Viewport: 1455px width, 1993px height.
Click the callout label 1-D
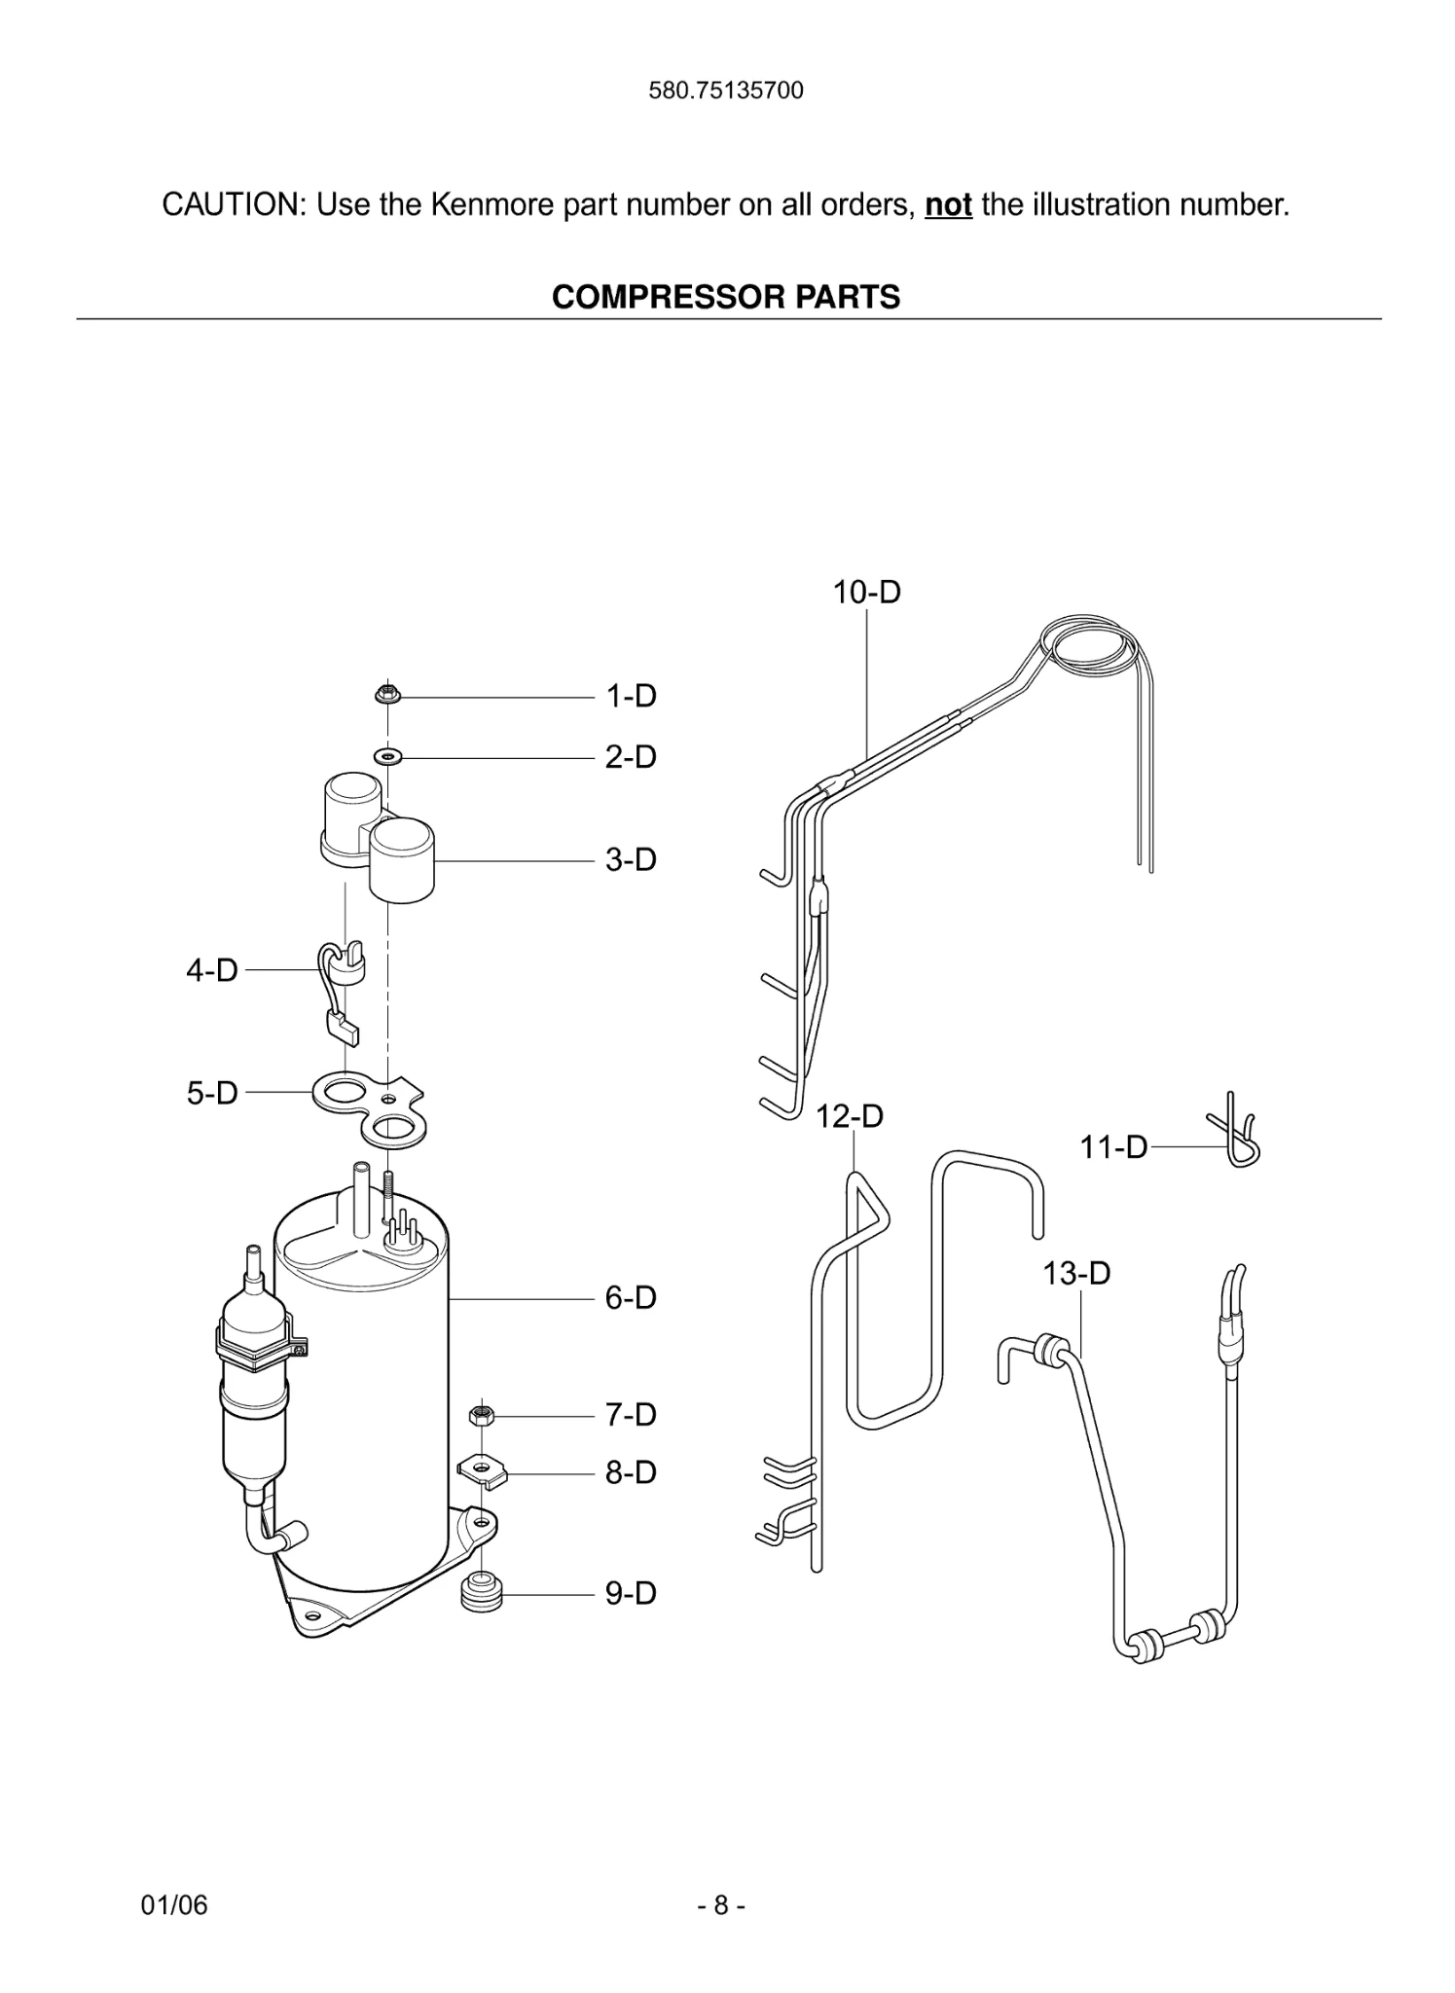(x=631, y=697)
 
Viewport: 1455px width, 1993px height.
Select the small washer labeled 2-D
(x=388, y=755)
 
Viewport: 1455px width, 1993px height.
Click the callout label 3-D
(x=631, y=860)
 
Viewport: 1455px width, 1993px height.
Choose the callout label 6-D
(x=631, y=1298)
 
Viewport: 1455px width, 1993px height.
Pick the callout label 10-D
(x=866, y=592)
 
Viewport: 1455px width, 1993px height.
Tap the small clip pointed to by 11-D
(x=1236, y=1134)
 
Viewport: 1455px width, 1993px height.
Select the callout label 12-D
(x=849, y=1116)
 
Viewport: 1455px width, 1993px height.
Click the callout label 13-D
(x=1076, y=1273)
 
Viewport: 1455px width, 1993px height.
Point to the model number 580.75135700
(x=726, y=91)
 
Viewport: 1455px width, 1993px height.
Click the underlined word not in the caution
(x=948, y=205)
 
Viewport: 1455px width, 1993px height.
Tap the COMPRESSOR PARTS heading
(x=726, y=297)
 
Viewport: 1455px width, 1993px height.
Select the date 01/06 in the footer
(x=174, y=1904)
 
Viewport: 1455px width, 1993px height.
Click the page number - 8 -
(x=721, y=1904)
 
